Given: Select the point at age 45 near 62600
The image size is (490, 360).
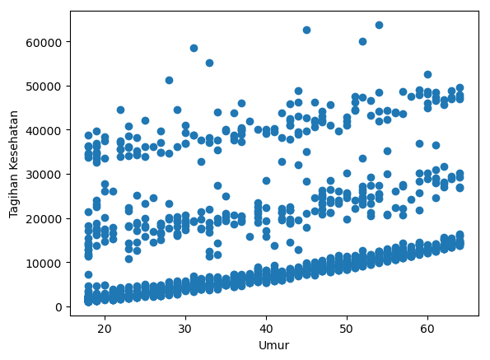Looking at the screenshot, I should coord(306,30).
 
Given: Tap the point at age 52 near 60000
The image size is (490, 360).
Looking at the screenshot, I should coord(362,41).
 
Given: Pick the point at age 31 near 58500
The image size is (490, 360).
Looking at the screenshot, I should coord(194,48).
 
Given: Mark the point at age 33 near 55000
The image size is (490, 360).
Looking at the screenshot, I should coord(209,63).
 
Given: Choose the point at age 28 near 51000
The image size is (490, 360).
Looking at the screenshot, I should coord(169,80).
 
